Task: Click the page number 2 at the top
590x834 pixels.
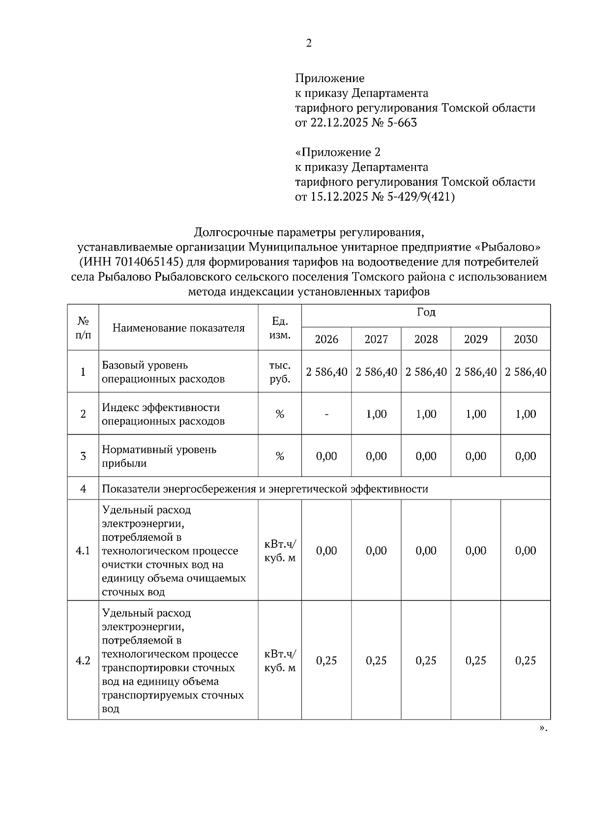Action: coord(309,44)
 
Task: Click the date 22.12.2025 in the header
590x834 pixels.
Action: coord(339,123)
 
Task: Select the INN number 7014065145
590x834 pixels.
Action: coord(148,262)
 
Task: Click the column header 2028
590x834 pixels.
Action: coord(426,339)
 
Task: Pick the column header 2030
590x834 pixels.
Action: coord(525,339)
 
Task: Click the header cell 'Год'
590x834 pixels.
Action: coord(426,313)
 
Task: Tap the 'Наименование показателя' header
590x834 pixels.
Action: coord(178,328)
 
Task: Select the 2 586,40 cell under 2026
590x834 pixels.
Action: coord(326,372)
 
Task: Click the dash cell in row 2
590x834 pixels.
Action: coord(326,414)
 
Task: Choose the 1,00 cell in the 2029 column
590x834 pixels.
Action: coord(475,414)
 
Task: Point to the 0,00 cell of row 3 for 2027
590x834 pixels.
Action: coord(376,456)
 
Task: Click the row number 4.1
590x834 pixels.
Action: coord(83,551)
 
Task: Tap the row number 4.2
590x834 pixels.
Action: coord(83,661)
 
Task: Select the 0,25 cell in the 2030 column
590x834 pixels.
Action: coord(525,661)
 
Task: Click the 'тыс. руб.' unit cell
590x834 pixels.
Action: coord(280,372)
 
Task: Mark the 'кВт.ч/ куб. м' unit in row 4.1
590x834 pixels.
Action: coord(280,551)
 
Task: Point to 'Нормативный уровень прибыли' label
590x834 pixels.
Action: coord(159,456)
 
